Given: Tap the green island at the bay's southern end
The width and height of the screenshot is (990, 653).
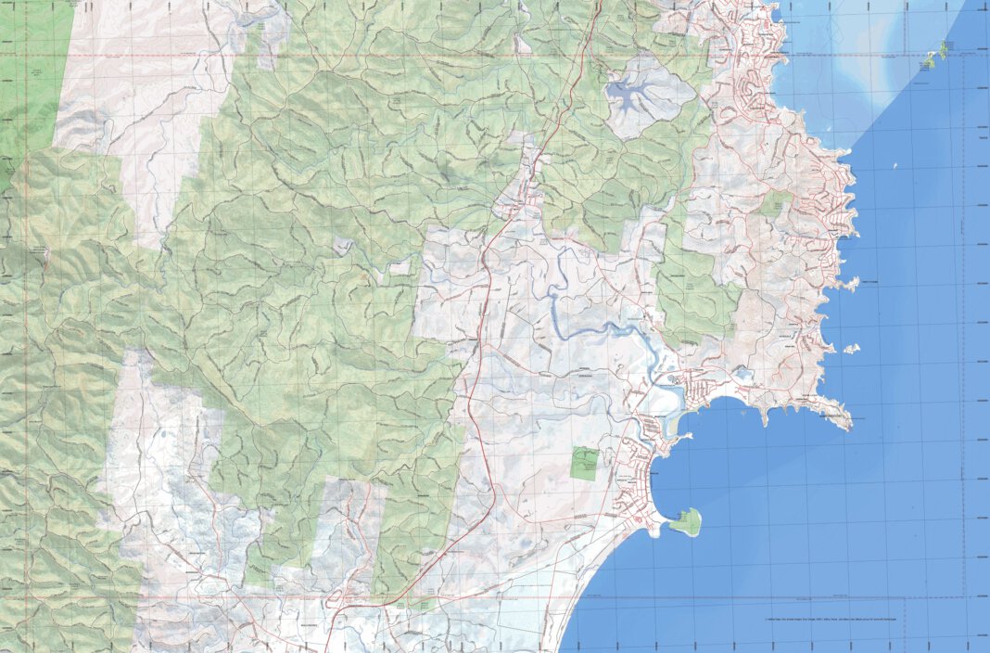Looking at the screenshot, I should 686,522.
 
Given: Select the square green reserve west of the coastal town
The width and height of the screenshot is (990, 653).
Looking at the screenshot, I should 584,463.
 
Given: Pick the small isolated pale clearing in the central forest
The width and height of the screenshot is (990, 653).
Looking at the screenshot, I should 343,247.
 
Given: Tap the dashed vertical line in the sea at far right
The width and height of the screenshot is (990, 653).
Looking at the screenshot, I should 964,325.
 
